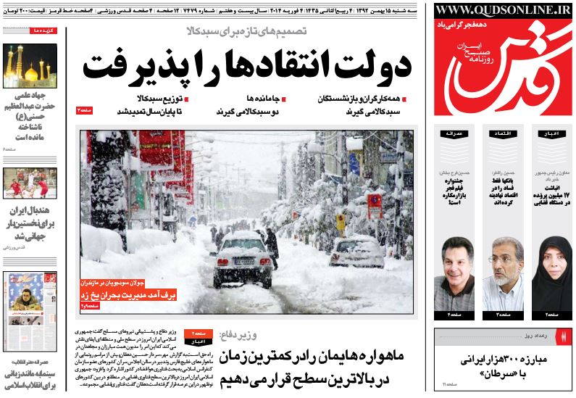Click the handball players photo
[x=30, y=183]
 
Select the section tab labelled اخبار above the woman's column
[x=551, y=133]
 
